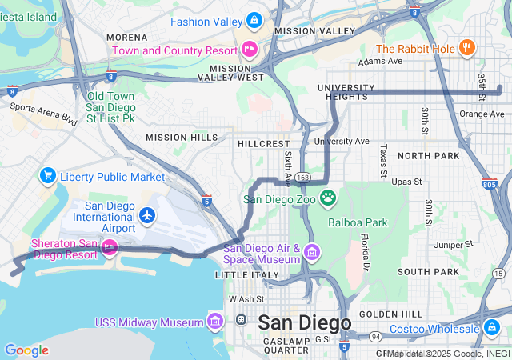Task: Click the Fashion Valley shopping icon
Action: pos(254,19)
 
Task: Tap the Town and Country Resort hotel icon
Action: pos(250,50)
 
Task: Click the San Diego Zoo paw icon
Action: pos(328,198)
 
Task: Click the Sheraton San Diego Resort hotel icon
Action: pos(110,249)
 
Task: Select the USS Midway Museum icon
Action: pos(214,322)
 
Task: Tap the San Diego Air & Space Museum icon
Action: pos(311,254)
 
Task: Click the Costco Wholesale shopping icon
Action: pos(491,328)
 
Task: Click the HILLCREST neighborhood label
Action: pos(263,143)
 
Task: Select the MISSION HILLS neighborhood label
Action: pos(182,138)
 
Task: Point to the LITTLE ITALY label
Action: pos(242,274)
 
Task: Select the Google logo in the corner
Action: pos(26,350)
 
